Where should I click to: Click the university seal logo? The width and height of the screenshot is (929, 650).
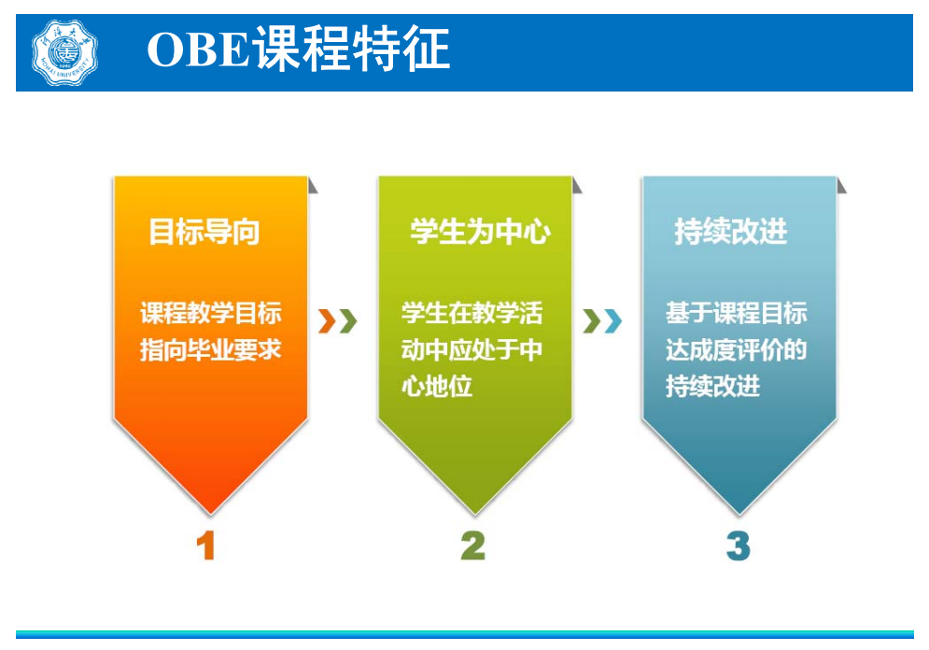coord(64,52)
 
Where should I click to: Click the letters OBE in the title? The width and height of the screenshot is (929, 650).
coord(198,49)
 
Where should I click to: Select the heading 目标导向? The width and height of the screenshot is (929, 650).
coord(204,232)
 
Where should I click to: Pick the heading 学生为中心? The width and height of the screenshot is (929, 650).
coord(480,232)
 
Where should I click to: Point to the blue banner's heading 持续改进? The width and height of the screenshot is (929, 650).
coord(730,232)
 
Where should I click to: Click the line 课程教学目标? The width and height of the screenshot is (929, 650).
coord(210,313)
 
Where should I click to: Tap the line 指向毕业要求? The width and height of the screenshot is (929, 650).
coord(210,349)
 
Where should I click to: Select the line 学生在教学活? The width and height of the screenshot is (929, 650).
coord(472,313)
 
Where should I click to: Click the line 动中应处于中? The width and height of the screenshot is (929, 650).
coord(472,349)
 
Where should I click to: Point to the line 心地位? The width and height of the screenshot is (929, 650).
coord(437,387)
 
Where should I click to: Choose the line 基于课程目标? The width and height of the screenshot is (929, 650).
coord(736,313)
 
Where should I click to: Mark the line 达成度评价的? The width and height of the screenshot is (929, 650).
coord(736,349)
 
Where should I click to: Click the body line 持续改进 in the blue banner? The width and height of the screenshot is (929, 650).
coord(712,387)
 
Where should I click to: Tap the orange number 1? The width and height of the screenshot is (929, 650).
coord(206,545)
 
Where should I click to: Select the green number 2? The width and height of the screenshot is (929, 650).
coord(472,545)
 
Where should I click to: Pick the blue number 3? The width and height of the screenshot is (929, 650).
coord(739,545)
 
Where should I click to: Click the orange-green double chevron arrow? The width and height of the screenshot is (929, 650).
coord(338,321)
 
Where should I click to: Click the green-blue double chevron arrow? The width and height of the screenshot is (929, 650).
coord(602,321)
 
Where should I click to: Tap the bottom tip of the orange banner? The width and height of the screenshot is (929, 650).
coord(210,515)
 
